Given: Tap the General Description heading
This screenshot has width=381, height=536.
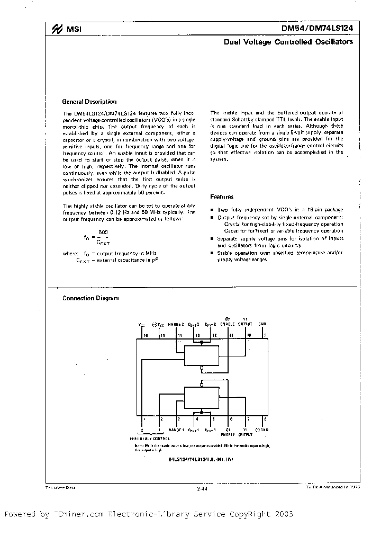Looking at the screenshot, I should coord(89,102).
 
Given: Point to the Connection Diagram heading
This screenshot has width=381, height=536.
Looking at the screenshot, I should coord(90,298).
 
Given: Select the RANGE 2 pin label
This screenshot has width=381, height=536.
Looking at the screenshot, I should coord(176,324).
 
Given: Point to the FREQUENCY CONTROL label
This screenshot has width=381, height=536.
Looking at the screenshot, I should coord(150,439).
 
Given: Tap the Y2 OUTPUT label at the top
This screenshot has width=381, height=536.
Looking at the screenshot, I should coord(246,323).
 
